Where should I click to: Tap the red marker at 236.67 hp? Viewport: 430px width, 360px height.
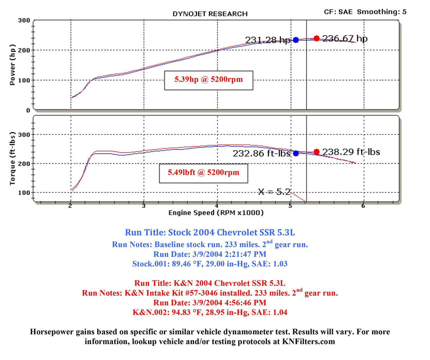[316, 39]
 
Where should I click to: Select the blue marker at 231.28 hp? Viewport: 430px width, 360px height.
[296, 40]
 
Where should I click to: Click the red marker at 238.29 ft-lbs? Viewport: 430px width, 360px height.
[316, 152]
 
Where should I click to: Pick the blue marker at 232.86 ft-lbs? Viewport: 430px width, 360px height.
[296, 153]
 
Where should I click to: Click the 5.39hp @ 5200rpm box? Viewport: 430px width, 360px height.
[209, 80]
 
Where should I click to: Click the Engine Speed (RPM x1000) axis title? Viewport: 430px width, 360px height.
[216, 212]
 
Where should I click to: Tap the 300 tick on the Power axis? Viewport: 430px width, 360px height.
[24, 21]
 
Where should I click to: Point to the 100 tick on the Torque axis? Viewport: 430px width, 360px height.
[24, 192]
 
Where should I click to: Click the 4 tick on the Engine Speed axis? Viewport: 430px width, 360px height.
[217, 205]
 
